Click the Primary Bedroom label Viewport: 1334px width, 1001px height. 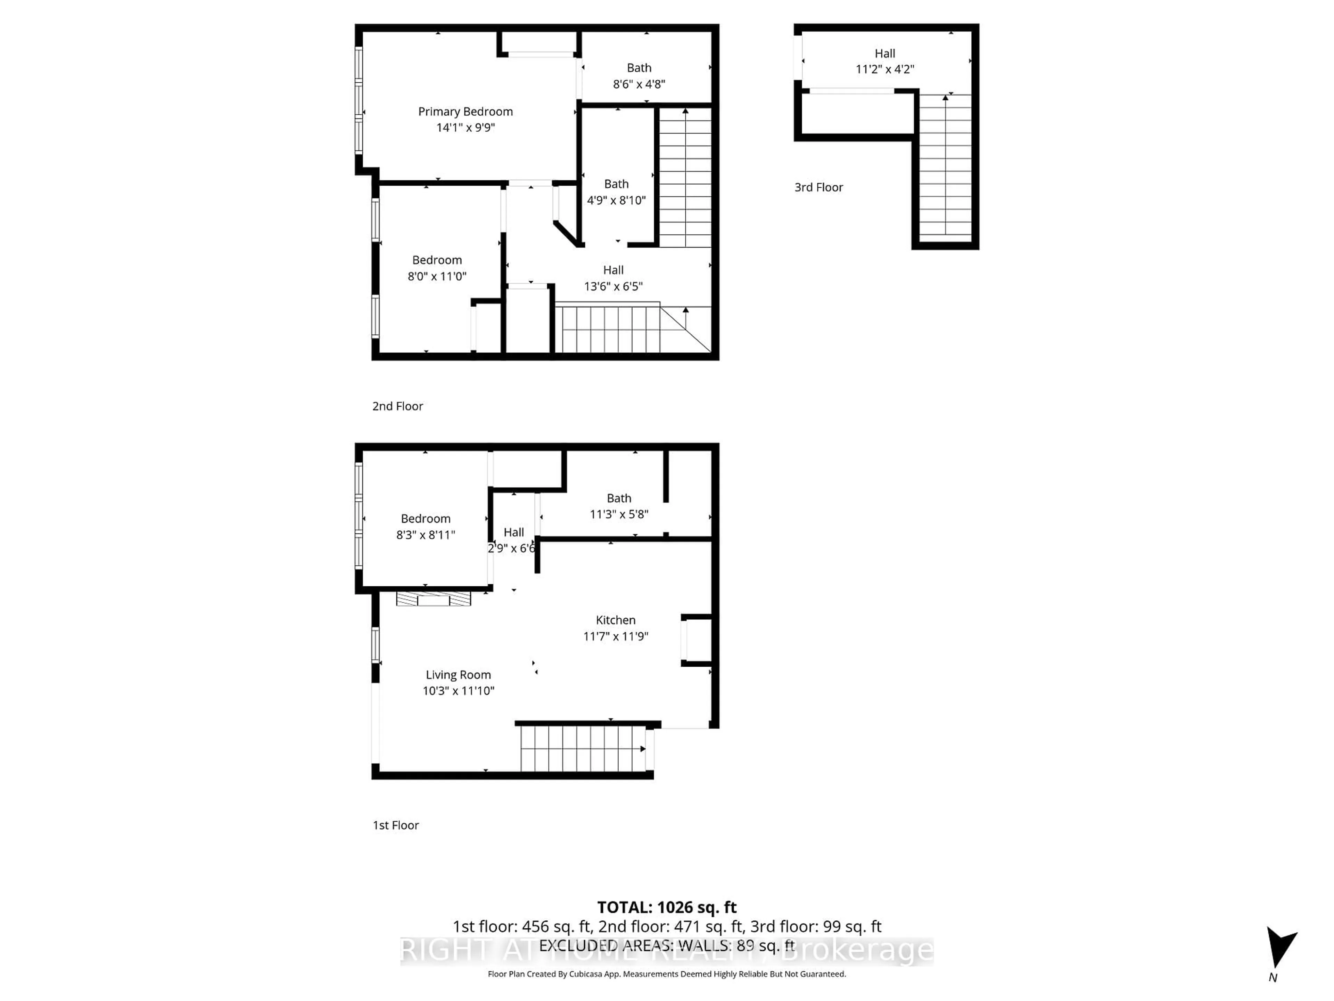pos(465,112)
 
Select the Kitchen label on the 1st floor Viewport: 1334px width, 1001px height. pos(615,620)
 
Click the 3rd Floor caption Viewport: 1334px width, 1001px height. pos(818,188)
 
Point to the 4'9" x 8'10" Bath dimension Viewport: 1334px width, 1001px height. pos(616,200)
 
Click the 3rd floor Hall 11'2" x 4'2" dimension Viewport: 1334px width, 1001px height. pos(885,70)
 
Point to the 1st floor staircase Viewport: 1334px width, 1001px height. pos(582,748)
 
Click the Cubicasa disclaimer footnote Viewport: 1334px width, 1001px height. pos(666,974)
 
